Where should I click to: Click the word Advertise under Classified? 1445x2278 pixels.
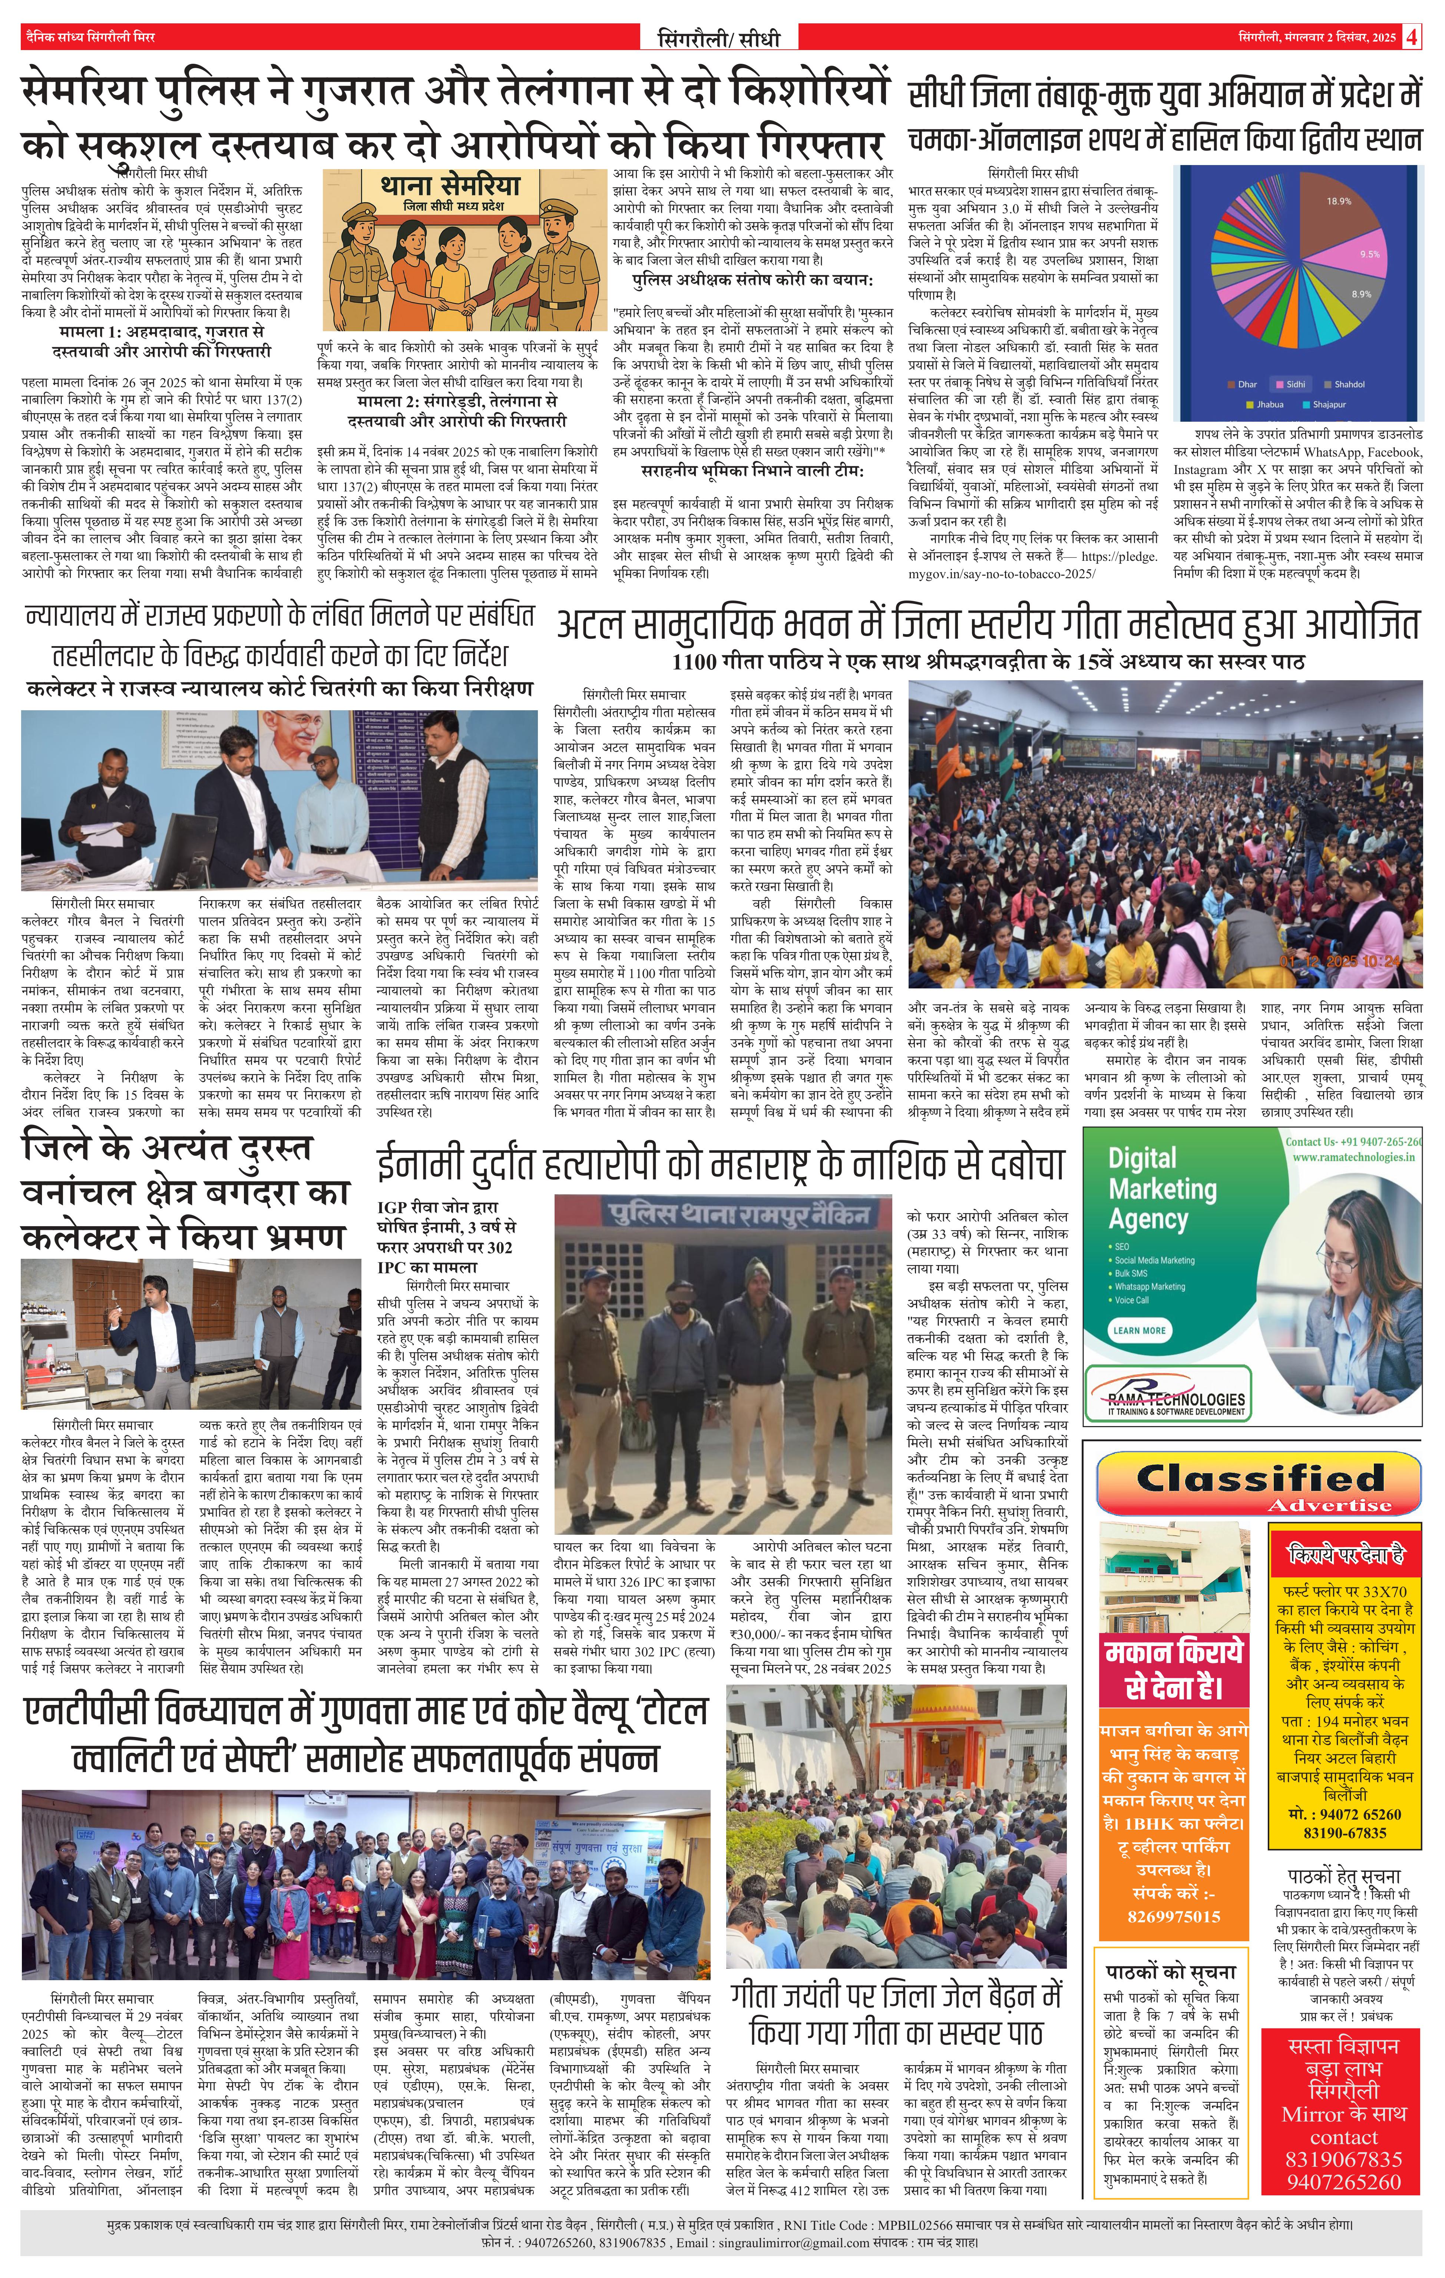point(1329,1505)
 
